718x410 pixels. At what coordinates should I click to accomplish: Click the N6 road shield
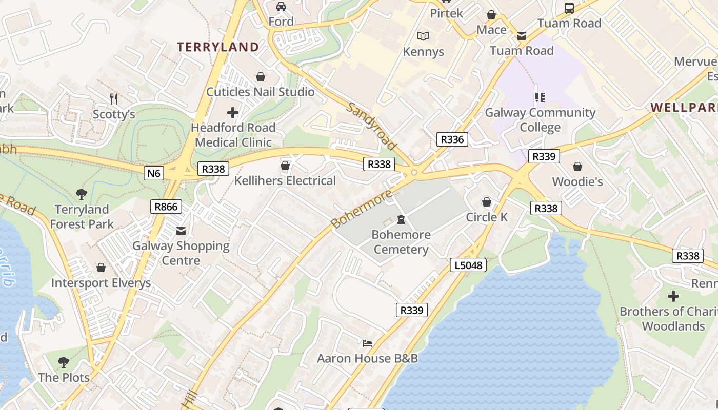[154, 173]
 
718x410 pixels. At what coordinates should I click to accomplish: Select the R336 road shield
[452, 139]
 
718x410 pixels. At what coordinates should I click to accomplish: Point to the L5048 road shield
[468, 265]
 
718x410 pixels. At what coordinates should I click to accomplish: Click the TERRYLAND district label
[218, 47]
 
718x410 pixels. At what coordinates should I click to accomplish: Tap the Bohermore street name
[362, 209]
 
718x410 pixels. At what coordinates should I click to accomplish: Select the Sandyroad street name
[372, 126]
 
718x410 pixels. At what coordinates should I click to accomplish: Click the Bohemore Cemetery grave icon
[401, 220]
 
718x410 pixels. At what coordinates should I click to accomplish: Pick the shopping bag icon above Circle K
[486, 202]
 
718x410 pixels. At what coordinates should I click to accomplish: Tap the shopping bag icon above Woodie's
[577, 167]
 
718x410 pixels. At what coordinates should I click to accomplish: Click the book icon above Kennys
[423, 36]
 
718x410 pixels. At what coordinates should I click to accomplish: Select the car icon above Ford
[281, 7]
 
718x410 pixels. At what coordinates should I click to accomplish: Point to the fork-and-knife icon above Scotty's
[114, 98]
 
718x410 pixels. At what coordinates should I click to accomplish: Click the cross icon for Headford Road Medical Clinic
[233, 112]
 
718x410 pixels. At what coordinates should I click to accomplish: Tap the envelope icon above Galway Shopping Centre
[181, 231]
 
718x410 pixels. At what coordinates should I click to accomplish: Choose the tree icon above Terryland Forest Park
[81, 194]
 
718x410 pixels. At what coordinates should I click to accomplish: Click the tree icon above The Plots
[64, 362]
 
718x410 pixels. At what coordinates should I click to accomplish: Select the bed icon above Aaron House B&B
[367, 343]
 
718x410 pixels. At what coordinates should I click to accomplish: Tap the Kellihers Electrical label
[285, 180]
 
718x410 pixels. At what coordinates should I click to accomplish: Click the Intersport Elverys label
[101, 283]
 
